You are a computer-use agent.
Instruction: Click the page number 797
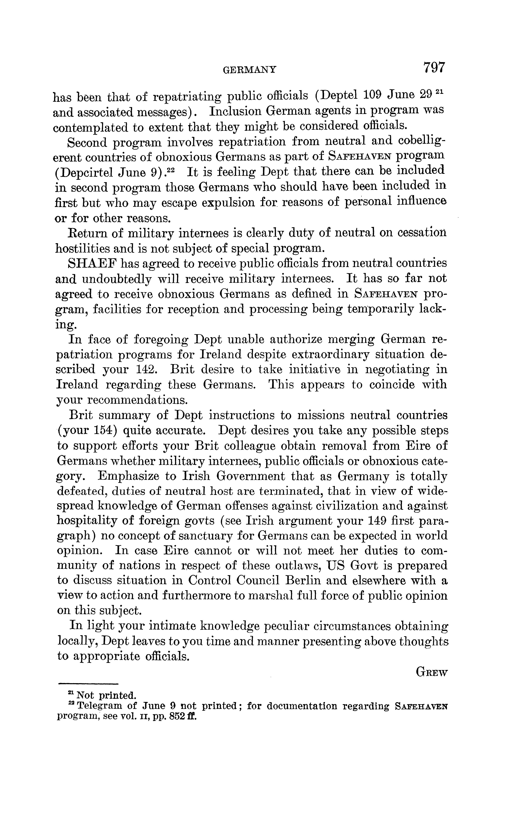433,67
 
